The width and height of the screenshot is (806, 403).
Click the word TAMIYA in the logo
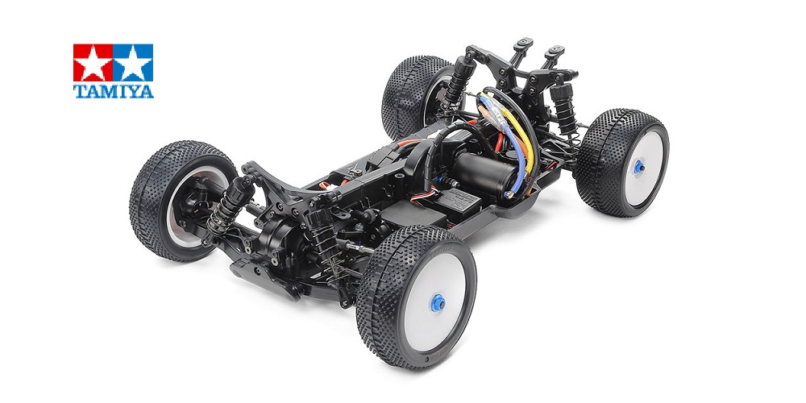click(x=113, y=92)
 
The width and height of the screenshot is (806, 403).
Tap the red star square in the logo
click(x=93, y=63)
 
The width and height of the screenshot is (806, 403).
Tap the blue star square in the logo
click(x=133, y=63)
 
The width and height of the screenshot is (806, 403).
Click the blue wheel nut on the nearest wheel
click(x=438, y=303)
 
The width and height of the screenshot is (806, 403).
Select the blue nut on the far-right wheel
click(x=639, y=167)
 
